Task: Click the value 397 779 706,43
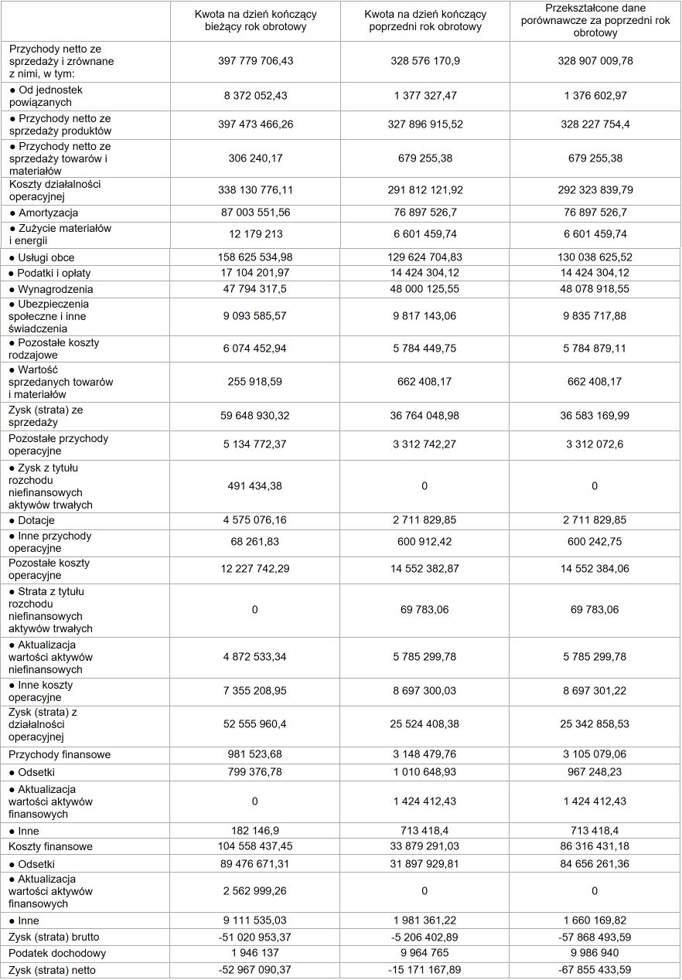(255, 61)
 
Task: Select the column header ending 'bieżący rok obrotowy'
(255, 21)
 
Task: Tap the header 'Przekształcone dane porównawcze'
(595, 21)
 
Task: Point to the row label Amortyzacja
(48, 213)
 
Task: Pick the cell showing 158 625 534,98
(255, 257)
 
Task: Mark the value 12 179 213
(255, 234)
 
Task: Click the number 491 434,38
(255, 486)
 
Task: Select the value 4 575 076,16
(255, 521)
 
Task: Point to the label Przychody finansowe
(60, 754)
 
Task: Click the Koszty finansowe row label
(50, 846)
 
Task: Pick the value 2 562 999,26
(255, 891)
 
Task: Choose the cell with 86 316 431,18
(595, 846)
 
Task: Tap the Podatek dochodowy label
(57, 953)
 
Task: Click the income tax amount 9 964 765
(425, 953)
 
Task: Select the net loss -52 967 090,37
(255, 970)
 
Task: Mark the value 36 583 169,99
(595, 416)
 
